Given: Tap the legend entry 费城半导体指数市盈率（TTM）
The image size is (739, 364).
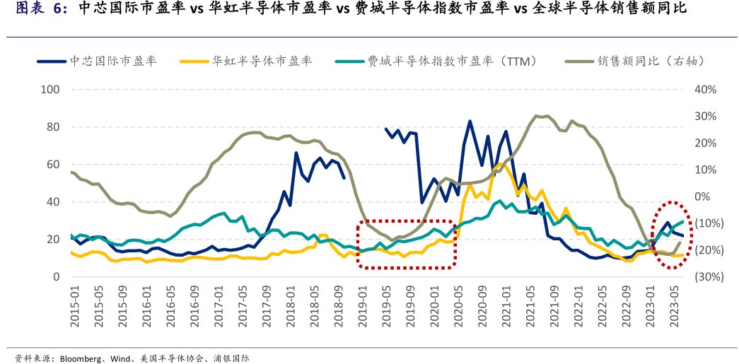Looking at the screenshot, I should coord(446,61).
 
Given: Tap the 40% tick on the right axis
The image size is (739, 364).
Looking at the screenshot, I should coord(706,90).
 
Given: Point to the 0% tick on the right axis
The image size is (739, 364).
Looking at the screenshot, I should coord(706,196).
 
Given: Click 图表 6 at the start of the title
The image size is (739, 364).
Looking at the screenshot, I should coord(36,9).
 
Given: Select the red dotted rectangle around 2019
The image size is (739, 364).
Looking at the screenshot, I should coord(407,244).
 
